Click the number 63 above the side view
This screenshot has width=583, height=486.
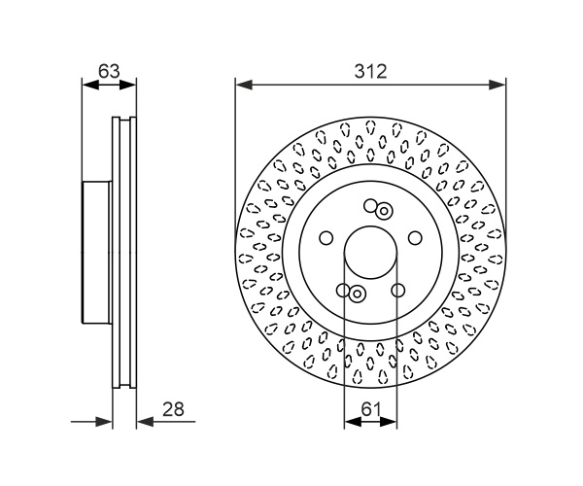coord(109,71)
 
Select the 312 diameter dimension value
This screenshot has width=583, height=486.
coord(371,71)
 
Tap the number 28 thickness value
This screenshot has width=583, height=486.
coord(173,409)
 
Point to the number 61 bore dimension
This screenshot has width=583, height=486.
coord(371,409)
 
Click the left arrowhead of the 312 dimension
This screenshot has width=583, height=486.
coord(244,85)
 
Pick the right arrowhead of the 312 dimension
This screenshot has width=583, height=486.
coord(497,85)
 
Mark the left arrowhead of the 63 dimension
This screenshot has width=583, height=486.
coord(90,86)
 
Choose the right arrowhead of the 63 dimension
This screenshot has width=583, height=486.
coord(127,86)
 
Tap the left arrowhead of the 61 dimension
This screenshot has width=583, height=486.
coord(353,422)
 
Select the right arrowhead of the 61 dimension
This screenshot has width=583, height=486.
coord(389,422)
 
